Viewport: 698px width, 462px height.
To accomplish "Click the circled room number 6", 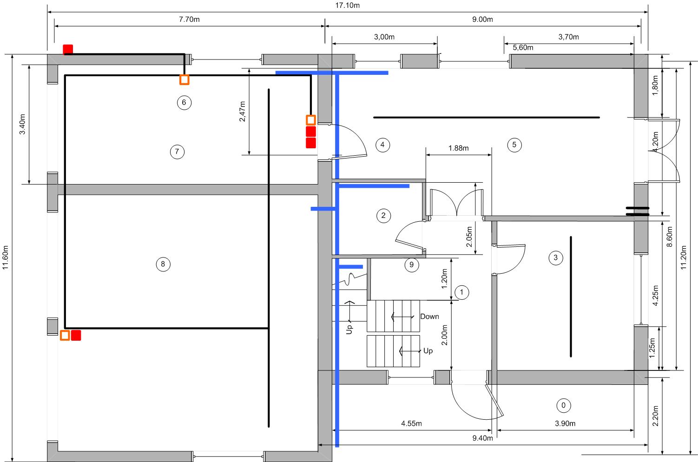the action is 184,103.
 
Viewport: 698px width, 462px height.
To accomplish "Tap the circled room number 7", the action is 178,152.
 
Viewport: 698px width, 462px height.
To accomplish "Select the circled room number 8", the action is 163,264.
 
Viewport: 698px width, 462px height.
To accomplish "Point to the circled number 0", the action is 563,405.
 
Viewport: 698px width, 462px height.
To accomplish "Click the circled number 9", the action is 412,265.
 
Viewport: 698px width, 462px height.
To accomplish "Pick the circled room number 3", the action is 556,258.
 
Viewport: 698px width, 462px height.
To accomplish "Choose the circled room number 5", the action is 514,145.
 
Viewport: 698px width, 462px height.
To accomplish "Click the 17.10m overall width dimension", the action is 348,5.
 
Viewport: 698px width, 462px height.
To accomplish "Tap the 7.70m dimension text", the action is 189,20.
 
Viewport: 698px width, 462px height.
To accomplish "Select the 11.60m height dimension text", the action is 5,257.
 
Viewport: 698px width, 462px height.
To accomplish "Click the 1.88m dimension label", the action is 458,148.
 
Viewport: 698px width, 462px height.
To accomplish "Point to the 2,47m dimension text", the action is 242,111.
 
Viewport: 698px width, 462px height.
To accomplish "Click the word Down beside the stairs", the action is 429,317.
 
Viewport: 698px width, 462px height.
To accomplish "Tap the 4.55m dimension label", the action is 411,423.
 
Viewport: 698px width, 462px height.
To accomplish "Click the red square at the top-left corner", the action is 68,49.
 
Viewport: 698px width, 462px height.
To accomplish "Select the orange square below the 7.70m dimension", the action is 184,80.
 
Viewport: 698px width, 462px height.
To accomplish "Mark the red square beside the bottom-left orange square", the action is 76,336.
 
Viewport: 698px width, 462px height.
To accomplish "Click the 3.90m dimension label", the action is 565,423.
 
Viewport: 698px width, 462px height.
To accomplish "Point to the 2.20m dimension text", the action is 655,416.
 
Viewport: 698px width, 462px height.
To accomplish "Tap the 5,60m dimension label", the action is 523,48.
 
